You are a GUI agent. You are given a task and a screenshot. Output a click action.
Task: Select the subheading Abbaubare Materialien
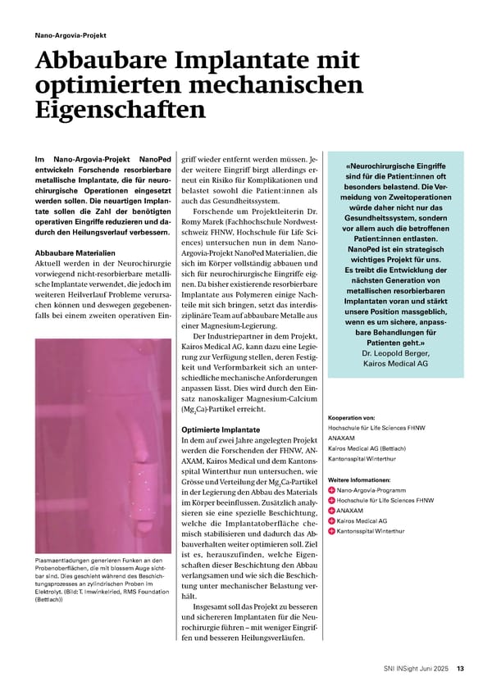point(72,252)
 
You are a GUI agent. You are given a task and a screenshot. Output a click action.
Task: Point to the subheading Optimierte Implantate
point(220,429)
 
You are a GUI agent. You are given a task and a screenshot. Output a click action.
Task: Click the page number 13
point(461,667)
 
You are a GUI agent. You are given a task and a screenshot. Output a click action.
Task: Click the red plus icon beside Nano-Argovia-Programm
point(331,489)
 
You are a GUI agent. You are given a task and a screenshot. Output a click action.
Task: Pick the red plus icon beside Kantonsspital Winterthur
point(331,531)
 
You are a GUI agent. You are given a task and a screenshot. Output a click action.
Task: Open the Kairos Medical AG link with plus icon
point(362,520)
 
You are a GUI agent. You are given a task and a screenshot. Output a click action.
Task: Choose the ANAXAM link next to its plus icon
point(351,510)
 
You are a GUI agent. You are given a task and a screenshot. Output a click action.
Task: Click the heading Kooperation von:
point(351,417)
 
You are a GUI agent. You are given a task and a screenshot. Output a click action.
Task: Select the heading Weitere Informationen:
point(359,479)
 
